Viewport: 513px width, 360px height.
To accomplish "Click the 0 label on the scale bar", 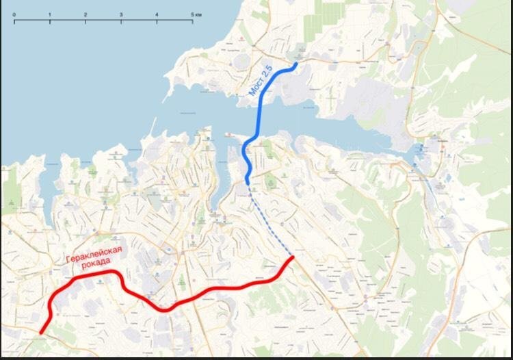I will tap(14, 14).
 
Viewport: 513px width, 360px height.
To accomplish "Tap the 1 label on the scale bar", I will tap(50, 14).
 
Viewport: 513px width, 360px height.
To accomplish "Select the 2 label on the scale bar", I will tap(85, 14).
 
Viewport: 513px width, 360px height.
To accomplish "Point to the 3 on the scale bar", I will tap(121, 14).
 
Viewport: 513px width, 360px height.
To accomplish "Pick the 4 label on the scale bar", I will tap(157, 14).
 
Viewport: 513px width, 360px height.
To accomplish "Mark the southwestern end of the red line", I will tap(41, 333).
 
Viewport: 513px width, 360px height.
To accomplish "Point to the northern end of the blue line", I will tap(295, 64).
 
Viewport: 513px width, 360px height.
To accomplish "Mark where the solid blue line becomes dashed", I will tap(248, 183).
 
